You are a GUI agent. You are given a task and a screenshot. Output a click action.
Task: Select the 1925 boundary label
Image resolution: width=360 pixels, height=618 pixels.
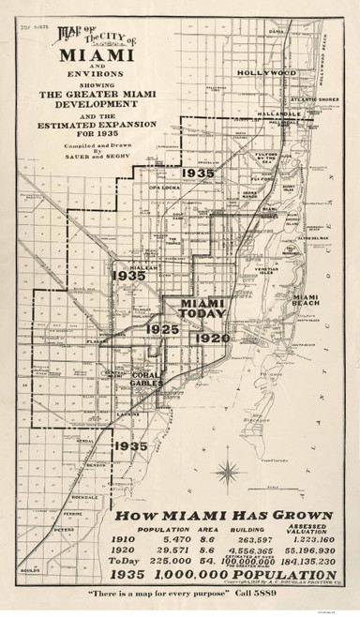tap(160, 358)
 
